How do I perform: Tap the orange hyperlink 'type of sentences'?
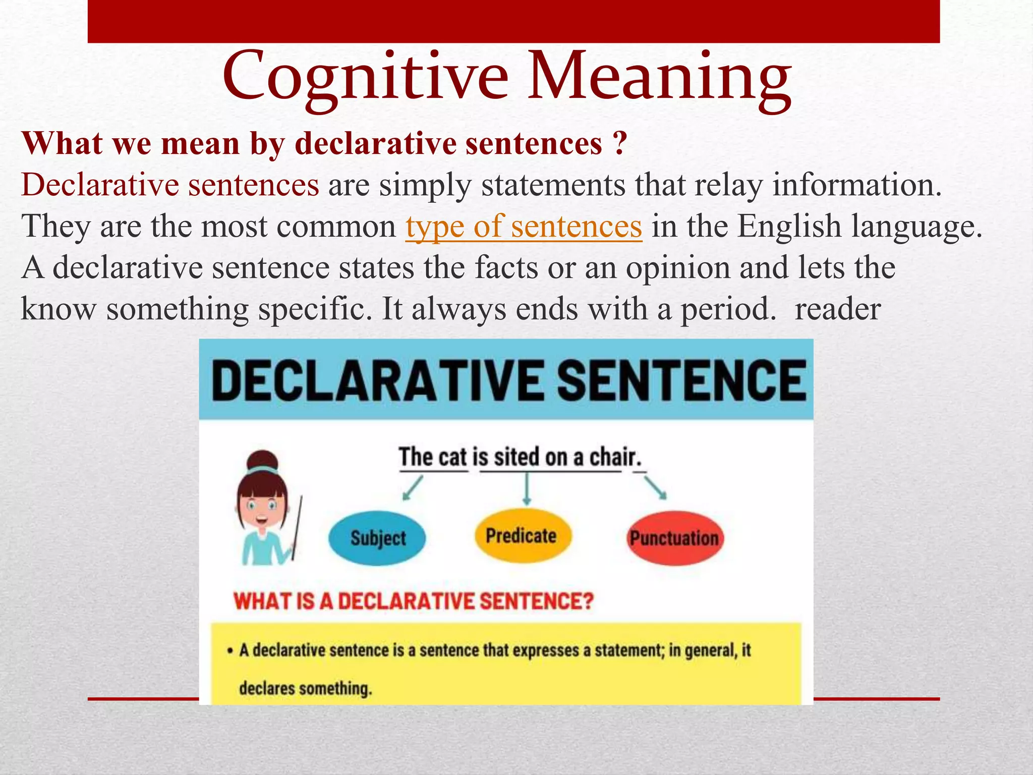(x=524, y=227)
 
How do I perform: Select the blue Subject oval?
(x=377, y=538)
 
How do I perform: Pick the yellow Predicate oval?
(x=522, y=536)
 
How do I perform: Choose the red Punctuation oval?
(x=674, y=538)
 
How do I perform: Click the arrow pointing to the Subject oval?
(x=412, y=488)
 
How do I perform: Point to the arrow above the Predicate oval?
(x=527, y=489)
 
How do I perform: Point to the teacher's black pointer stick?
(x=297, y=527)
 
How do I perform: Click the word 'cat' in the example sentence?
(x=453, y=457)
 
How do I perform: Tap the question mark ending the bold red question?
(x=620, y=144)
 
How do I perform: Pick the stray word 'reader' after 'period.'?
(x=837, y=309)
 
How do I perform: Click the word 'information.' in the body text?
(x=857, y=185)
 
